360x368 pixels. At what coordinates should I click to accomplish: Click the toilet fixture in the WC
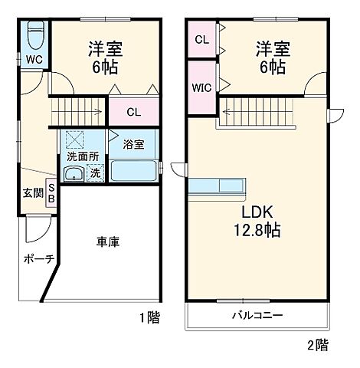35,36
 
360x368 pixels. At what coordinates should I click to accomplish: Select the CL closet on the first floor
133,112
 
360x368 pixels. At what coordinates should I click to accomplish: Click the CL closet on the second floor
201,39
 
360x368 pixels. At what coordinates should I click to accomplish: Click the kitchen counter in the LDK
218,186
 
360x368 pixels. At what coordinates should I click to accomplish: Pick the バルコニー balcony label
257,315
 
